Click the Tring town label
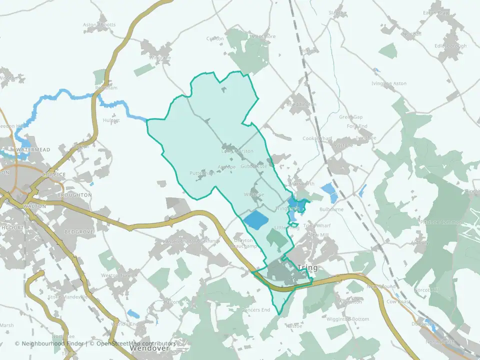pyautogui.click(x=307, y=268)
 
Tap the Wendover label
pyautogui.click(x=147, y=349)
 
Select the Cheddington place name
pyautogui.click(x=301, y=104)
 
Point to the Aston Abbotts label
pyautogui.click(x=100, y=24)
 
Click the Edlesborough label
pyautogui.click(x=450, y=46)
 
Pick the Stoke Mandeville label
pyautogui.click(x=67, y=296)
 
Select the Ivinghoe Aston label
pyautogui.click(x=389, y=83)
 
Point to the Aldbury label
pyautogui.click(x=419, y=242)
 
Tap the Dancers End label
pyautogui.click(x=255, y=310)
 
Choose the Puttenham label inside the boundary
pyautogui.click(x=202, y=173)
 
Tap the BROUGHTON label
pyautogui.click(x=74, y=194)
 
